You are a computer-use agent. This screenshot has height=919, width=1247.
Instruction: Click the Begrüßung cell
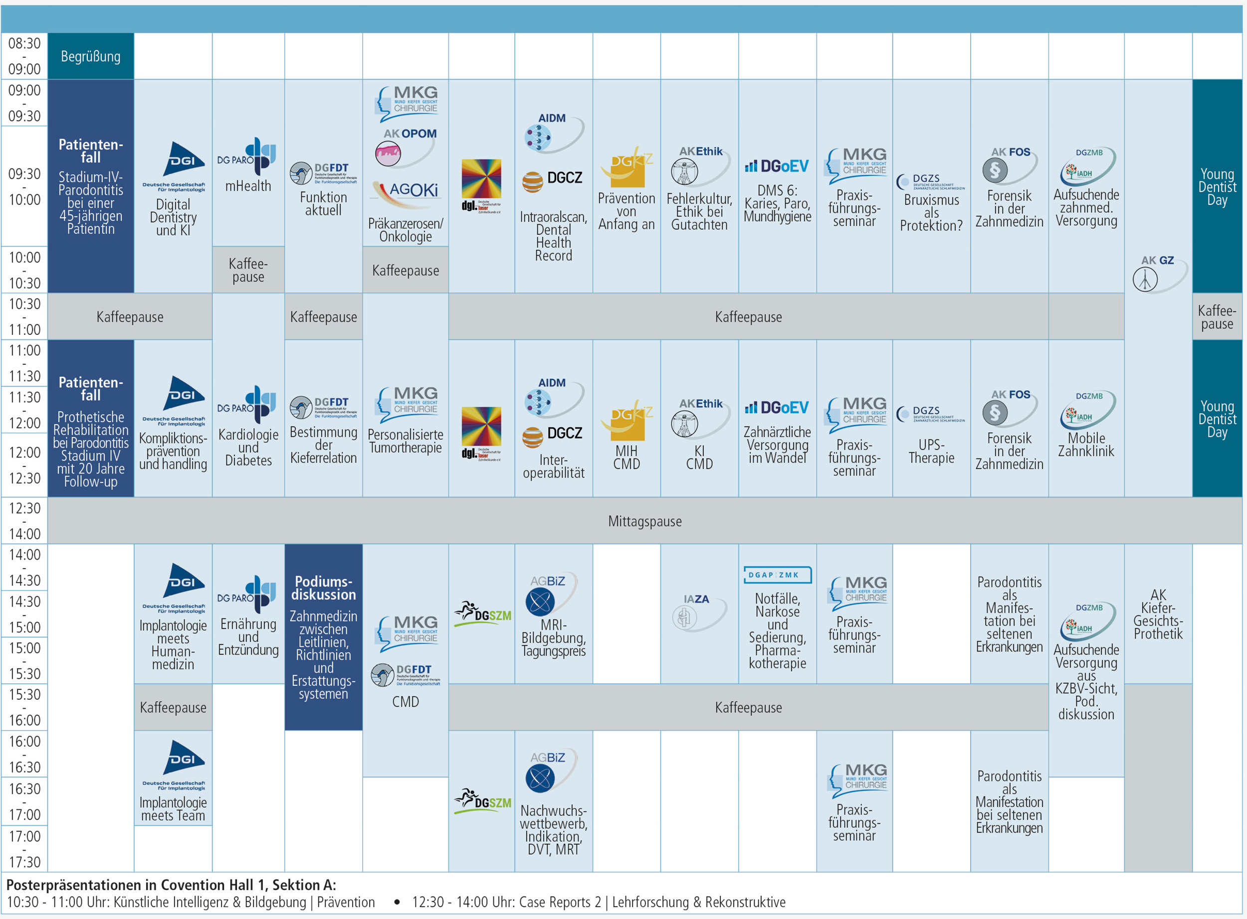point(90,56)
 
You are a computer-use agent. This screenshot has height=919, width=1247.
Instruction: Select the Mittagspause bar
point(644,521)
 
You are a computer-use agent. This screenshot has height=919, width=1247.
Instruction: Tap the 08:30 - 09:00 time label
point(24,56)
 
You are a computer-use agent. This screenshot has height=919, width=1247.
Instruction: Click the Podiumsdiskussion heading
point(323,588)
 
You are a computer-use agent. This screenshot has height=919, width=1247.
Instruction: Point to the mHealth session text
point(248,186)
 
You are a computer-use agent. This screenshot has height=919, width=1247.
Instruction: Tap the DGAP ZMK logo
point(777,575)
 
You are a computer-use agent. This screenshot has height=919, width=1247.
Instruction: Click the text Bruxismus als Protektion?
point(931,212)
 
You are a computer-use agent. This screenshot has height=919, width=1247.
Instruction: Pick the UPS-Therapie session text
point(931,451)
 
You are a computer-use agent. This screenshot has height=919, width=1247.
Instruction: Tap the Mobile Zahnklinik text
point(1085,445)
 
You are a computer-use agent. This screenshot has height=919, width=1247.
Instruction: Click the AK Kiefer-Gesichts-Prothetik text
point(1158,614)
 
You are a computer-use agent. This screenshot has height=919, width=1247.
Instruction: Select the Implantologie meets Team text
point(173,809)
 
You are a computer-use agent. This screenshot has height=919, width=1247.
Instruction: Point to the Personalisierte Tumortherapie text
point(405,441)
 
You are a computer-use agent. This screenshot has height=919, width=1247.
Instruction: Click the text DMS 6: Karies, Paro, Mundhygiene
point(777,204)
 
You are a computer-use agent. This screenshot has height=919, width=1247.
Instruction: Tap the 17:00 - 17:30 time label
point(24,849)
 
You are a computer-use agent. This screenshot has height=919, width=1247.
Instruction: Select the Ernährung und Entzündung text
point(248,637)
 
